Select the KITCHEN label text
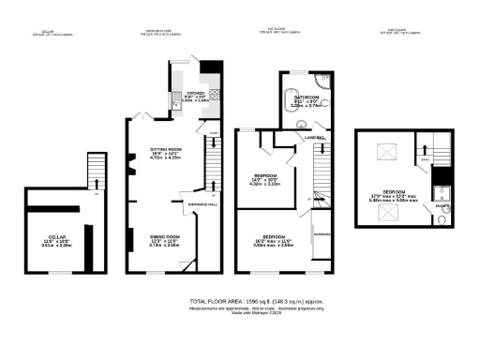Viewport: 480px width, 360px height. tap(196, 94)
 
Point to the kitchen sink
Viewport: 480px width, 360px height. tap(174, 99)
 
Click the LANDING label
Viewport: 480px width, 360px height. tap(313, 139)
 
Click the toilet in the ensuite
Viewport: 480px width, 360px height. tap(441, 222)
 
